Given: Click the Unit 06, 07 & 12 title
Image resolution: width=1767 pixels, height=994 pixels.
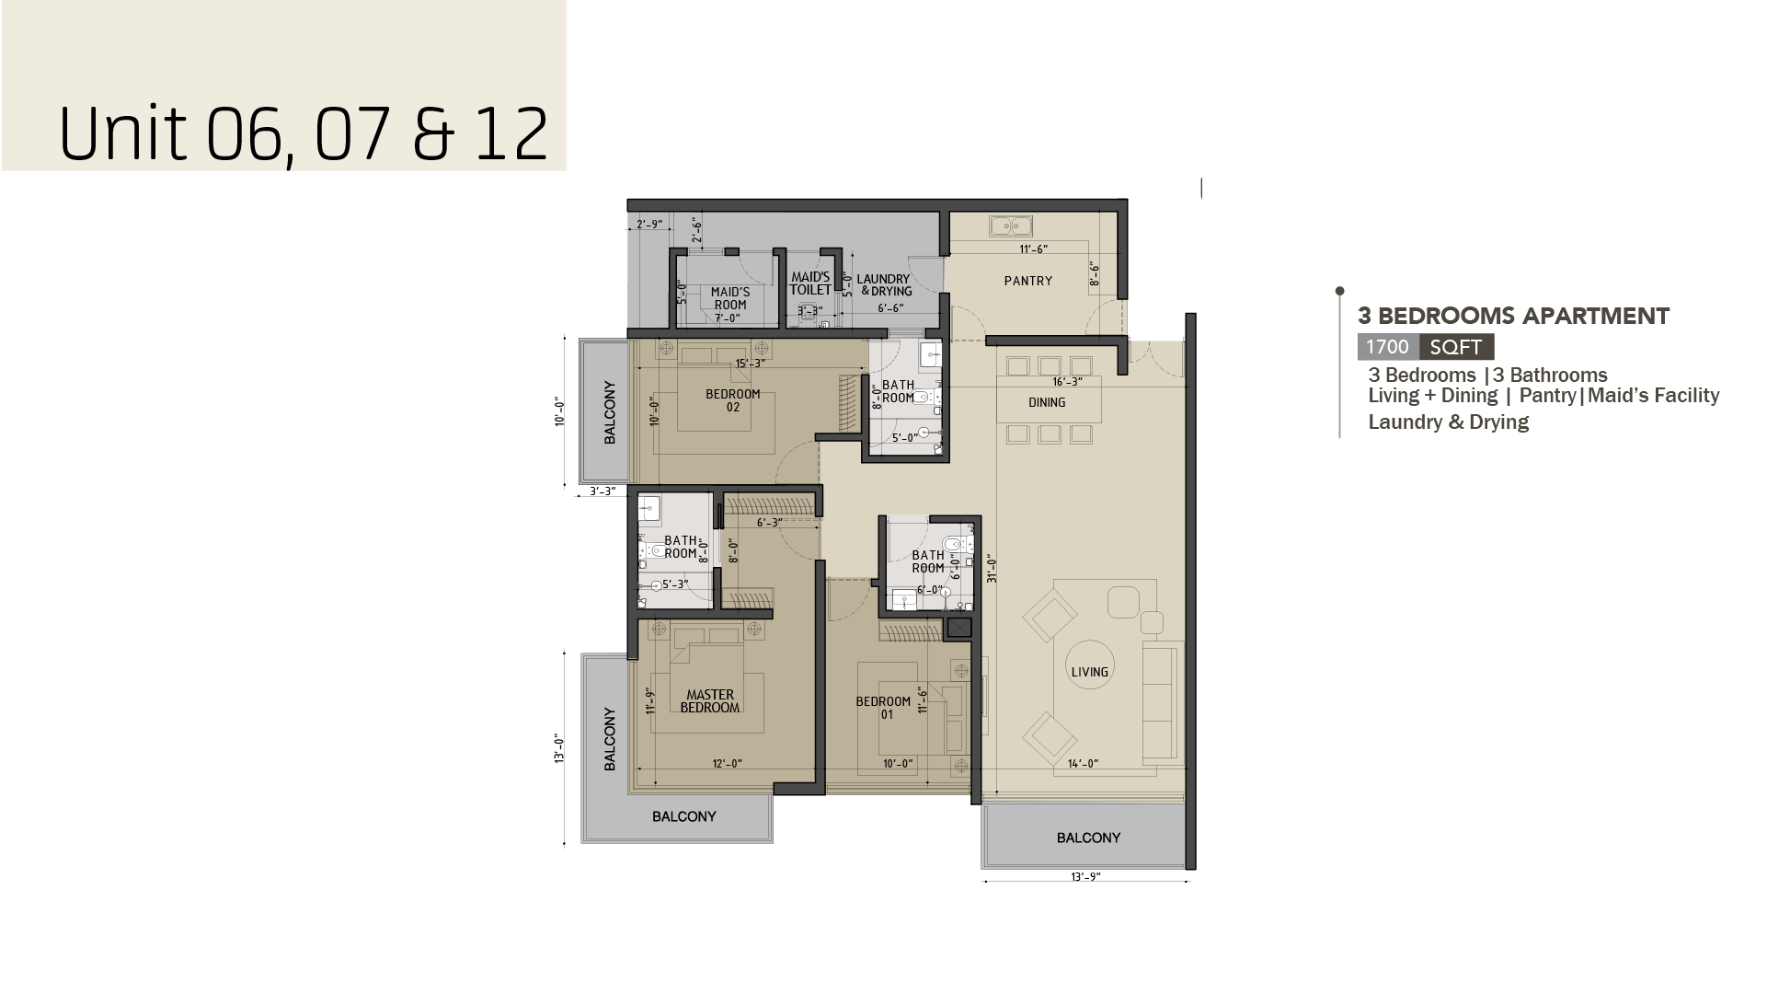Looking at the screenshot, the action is [304, 133].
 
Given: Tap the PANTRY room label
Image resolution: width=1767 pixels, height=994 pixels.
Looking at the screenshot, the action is [1028, 281].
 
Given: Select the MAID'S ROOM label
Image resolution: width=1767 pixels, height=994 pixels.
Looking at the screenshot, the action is [729, 298].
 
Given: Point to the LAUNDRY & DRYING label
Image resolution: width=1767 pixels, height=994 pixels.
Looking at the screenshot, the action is [883, 285].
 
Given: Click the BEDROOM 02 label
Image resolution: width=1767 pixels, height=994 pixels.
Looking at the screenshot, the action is [733, 400].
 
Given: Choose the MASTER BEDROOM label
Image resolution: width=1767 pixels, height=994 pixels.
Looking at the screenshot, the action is [709, 701].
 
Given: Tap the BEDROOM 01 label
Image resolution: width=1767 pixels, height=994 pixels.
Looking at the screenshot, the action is [883, 707].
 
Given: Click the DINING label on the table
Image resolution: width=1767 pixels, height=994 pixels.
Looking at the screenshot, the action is [1047, 402].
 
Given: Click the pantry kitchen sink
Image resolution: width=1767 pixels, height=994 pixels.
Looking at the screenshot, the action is [1011, 225].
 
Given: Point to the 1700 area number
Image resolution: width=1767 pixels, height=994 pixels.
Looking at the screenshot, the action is [1387, 347].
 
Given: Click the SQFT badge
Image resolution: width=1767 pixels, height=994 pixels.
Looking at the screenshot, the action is [1456, 347].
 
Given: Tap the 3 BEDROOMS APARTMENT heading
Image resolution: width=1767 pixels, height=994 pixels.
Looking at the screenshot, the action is [1514, 316].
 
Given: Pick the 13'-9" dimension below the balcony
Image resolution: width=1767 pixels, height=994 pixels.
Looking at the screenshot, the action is [1085, 877].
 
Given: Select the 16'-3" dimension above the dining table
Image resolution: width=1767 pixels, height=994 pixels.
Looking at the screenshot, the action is [1067, 381].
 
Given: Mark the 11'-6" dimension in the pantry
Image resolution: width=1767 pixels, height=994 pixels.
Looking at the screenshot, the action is [1033, 248].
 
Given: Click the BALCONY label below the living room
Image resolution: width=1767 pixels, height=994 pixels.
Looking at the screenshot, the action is [1088, 838].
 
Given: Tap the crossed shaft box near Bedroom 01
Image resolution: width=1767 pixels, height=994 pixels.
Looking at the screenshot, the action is [958, 629].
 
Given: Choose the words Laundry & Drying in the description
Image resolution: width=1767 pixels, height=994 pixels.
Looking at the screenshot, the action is [1449, 422].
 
